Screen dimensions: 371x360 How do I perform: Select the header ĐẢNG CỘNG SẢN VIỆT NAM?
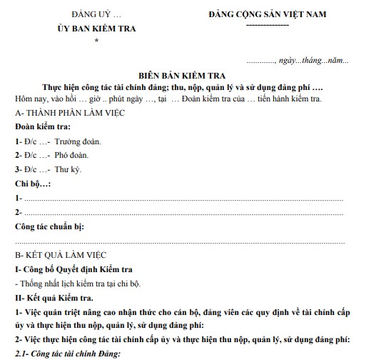coord(267,15)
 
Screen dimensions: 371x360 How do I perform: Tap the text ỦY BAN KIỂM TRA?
coord(97,29)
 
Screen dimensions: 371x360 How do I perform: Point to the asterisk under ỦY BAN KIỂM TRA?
coord(96,42)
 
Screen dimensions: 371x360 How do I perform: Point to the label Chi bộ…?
coord(33,184)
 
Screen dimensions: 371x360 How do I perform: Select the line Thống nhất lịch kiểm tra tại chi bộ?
coord(84,284)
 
